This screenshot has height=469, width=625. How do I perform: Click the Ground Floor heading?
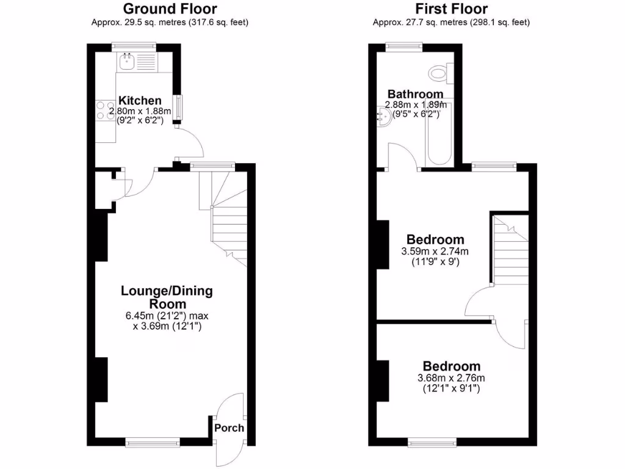170,9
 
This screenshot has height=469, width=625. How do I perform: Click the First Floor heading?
452,9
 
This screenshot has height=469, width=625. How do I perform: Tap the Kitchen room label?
140,100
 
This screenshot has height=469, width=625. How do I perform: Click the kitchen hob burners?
103,110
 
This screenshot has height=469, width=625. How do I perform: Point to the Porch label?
229,428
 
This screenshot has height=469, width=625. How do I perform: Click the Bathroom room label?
415,94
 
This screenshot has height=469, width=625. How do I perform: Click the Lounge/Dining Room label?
167,297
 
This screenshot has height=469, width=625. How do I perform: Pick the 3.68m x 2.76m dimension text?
451,378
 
